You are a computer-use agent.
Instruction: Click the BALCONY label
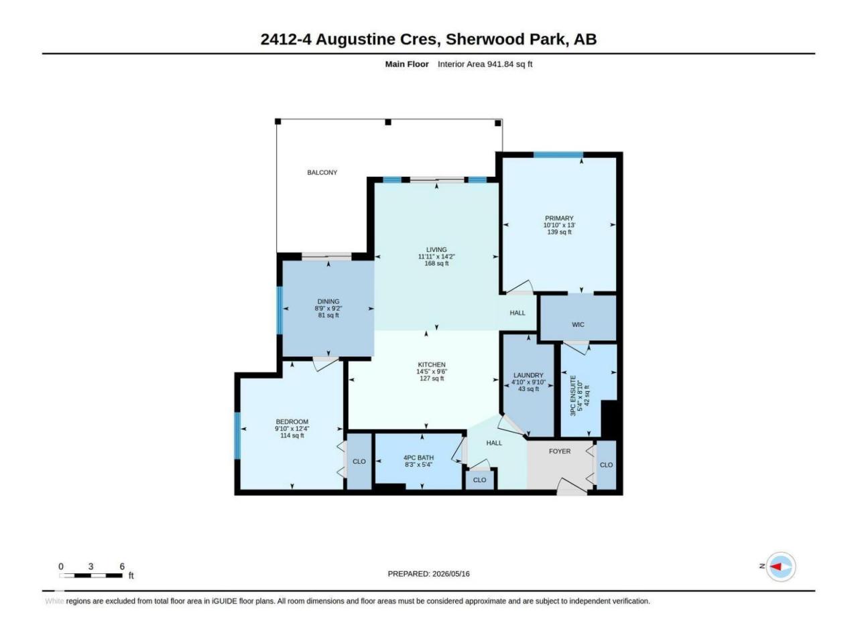pos(322,173)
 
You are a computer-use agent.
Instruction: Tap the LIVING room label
pos(436,250)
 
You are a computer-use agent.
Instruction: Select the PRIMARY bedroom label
pos(559,218)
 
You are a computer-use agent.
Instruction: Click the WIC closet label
pos(578,324)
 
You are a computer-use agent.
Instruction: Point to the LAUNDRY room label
pos(528,376)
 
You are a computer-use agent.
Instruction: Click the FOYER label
pos(559,451)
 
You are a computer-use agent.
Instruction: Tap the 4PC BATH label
pos(418,458)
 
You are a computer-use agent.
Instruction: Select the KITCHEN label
pos(432,365)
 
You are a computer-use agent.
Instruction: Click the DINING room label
pos(328,302)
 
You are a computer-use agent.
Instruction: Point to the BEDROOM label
pos(292,422)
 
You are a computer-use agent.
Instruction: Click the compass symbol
pos(780,567)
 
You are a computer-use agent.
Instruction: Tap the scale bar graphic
pos(90,575)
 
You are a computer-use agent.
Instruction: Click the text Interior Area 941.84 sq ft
pos(485,64)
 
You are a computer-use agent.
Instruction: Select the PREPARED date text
pos(428,574)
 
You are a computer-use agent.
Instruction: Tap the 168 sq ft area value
pos(436,263)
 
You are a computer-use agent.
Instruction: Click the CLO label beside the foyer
pos(606,465)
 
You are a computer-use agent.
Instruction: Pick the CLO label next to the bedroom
pos(359,461)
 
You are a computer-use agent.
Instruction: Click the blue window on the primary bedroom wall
pos(558,155)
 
